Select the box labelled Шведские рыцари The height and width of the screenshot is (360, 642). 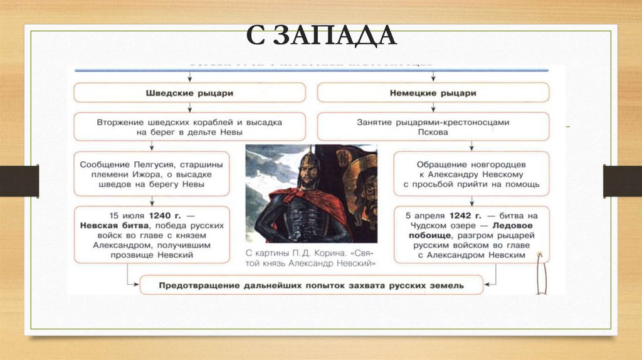(x=190, y=93)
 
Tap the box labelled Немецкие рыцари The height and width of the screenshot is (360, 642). (x=433, y=93)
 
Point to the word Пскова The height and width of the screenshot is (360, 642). (x=433, y=132)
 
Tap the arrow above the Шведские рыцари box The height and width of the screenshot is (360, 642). (x=190, y=76)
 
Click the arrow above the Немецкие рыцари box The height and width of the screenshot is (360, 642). (x=433, y=76)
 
